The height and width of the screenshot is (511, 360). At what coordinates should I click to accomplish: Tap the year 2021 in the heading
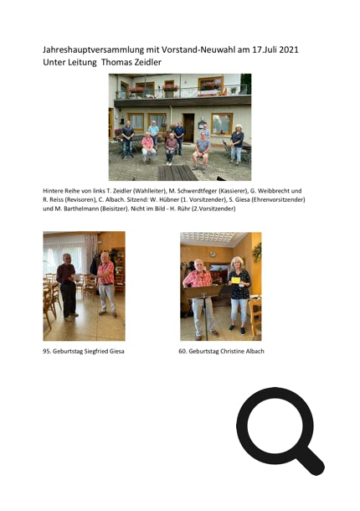click(289, 49)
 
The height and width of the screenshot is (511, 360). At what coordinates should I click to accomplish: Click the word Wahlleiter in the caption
click(149, 191)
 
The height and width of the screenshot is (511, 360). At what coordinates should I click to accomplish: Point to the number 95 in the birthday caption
click(47, 351)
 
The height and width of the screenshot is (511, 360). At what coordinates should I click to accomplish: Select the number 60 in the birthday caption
click(183, 351)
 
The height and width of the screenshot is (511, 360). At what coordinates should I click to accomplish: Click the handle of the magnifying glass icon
click(311, 460)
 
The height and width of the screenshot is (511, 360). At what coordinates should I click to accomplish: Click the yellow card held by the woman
click(235, 280)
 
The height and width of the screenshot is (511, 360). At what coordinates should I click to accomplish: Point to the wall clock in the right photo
click(213, 255)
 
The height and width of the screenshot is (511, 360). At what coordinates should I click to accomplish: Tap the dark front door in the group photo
click(188, 127)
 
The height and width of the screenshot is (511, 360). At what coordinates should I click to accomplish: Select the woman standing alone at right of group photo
click(237, 145)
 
